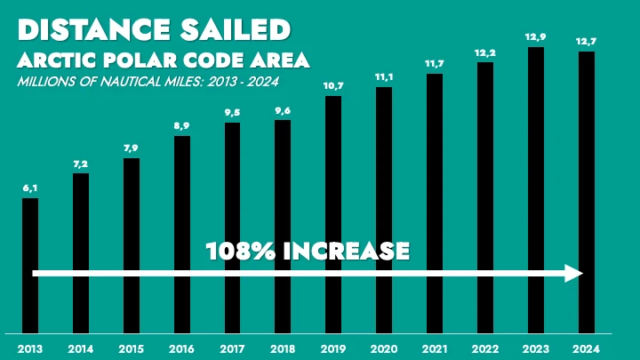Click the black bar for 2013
pyautogui.click(x=29, y=262)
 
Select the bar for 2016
pyautogui.click(x=181, y=231)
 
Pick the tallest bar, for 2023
pyautogui.click(x=535, y=187)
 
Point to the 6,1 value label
pyautogui.click(x=29, y=189)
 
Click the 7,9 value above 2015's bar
pyautogui.click(x=131, y=149)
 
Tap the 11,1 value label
pyautogui.click(x=383, y=78)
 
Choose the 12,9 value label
pyautogui.click(x=535, y=37)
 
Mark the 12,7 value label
pyautogui.click(x=586, y=43)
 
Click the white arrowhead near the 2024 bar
pyautogui.click(x=574, y=274)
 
